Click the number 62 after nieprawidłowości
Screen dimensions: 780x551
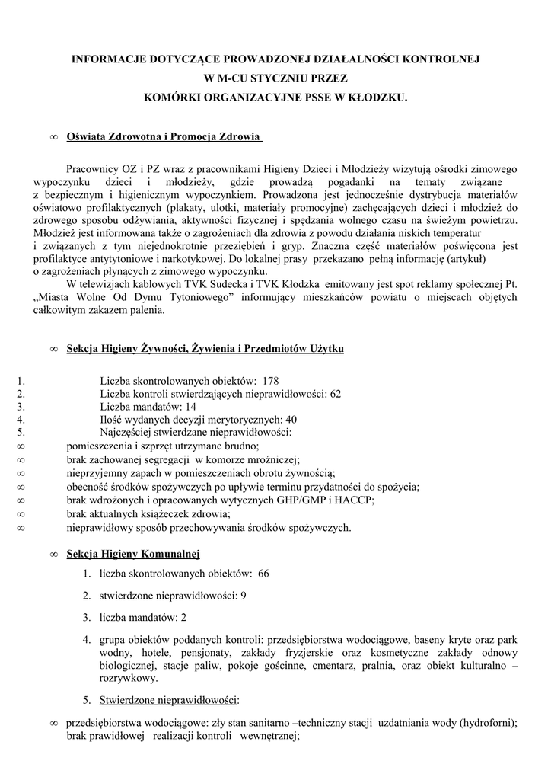(x=336, y=394)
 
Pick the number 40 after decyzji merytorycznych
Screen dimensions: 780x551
(x=291, y=420)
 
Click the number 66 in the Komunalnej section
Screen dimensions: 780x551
(x=263, y=573)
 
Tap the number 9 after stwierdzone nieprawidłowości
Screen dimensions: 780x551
(x=243, y=595)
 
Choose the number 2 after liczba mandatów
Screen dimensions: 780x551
(x=183, y=617)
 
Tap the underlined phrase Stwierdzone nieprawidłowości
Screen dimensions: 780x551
(x=169, y=700)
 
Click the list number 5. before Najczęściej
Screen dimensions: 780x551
(x=21, y=433)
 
